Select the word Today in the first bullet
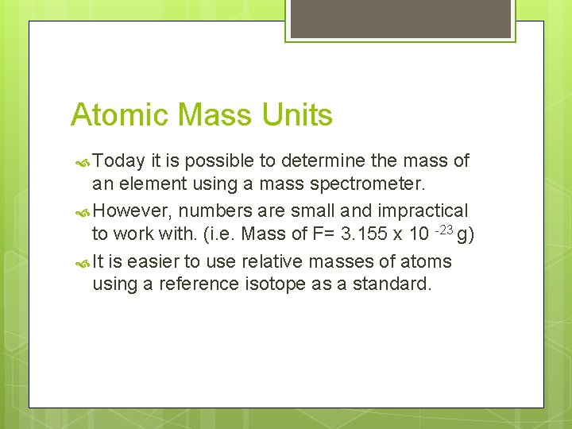[119, 161]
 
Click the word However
[132, 211]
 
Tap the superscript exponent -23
[443, 229]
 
